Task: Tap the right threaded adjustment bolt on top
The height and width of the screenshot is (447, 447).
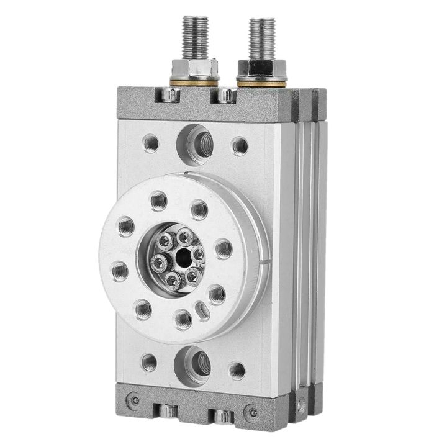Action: [262, 37]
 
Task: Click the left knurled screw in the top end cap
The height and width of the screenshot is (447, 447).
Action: [169, 96]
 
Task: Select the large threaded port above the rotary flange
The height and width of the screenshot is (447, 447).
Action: [198, 143]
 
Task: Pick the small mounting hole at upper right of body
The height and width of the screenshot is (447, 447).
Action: [240, 147]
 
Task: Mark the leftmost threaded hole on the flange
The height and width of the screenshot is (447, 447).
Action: [120, 270]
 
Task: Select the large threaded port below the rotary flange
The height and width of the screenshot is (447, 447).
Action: [196, 361]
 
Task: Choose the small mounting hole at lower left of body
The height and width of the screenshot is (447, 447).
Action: [149, 361]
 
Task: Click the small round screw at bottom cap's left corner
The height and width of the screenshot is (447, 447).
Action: [131, 399]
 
